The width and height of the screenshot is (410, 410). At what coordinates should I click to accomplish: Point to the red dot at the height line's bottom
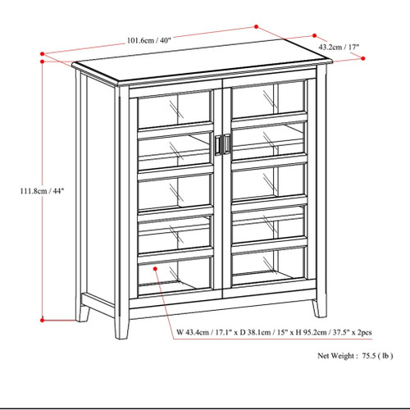tap(43, 320)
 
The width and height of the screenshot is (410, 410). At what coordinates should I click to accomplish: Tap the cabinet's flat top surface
tap(197, 70)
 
